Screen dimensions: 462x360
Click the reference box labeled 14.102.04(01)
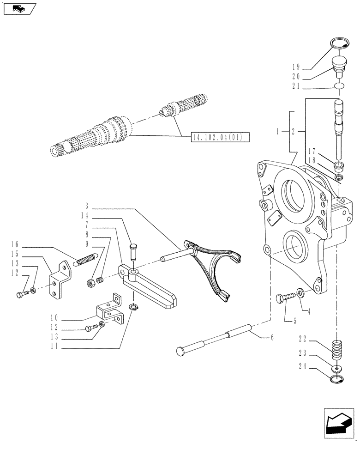click(220, 136)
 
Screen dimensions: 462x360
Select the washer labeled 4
click(300, 293)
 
